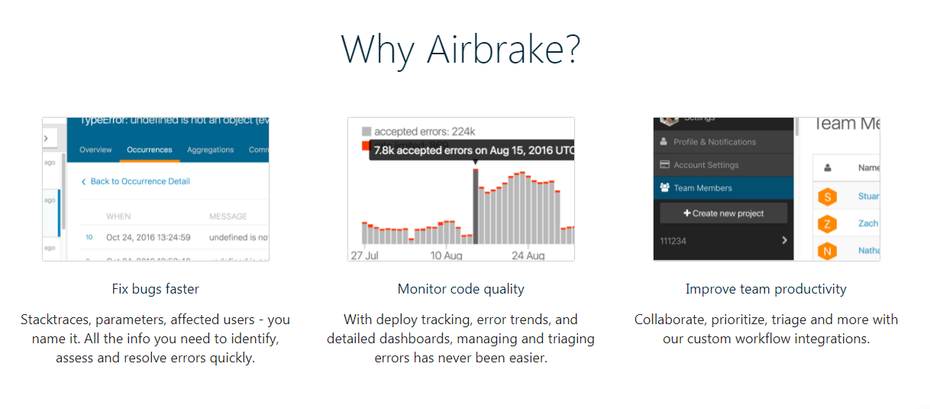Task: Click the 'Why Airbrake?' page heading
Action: tap(460, 49)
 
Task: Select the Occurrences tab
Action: tap(150, 150)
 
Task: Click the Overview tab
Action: tap(95, 150)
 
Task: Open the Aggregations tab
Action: tap(210, 150)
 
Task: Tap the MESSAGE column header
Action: tap(228, 216)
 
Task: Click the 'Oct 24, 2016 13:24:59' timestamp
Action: tap(148, 237)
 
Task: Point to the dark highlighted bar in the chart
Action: tap(476, 206)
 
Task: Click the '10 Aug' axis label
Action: tap(446, 255)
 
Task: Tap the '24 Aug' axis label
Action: tap(528, 255)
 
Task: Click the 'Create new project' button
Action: tap(723, 213)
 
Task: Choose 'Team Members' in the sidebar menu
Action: tap(702, 188)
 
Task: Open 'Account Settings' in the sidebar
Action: tap(706, 165)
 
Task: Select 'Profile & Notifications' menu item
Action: tap(714, 142)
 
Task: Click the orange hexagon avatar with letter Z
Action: tap(827, 224)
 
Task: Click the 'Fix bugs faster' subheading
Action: tap(155, 289)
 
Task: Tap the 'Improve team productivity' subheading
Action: tap(766, 289)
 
